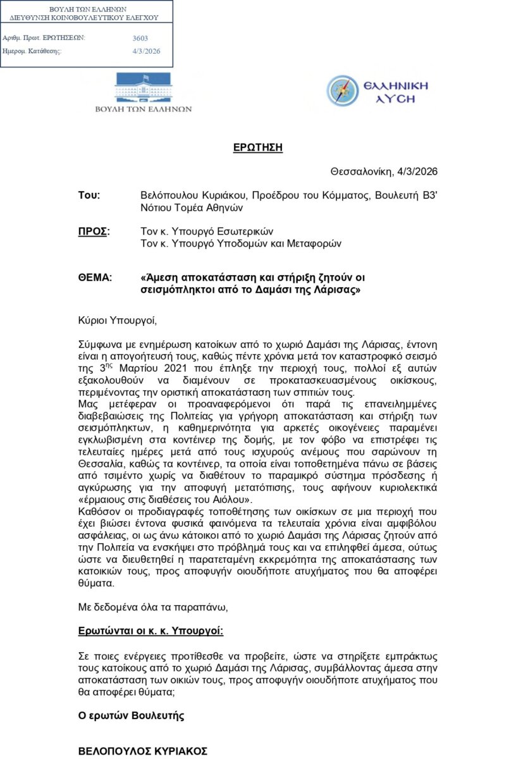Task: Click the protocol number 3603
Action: (140, 39)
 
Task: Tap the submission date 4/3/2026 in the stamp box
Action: (143, 51)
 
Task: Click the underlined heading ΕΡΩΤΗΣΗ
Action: (257, 148)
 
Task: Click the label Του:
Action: (89, 195)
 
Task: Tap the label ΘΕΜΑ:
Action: (95, 278)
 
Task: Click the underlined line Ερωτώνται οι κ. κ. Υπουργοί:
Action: (150, 631)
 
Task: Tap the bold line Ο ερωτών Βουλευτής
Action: (131, 716)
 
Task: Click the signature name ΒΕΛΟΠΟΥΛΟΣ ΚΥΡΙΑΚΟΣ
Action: (143, 751)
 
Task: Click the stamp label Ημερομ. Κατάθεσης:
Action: (32, 51)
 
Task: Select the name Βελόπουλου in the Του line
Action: (169, 195)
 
